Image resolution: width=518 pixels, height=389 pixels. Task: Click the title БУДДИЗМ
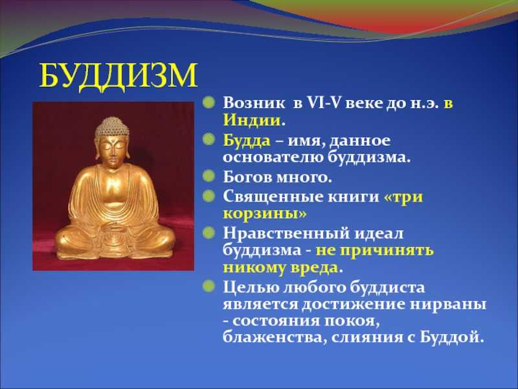118,77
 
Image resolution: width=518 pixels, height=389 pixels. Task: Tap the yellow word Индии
252,120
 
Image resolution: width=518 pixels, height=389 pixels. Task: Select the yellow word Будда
247,140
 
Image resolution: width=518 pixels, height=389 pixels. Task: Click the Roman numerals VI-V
324,103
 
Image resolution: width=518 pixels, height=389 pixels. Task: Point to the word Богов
247,177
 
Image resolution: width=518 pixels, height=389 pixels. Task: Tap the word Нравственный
286,234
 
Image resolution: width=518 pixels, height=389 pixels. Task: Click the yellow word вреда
314,268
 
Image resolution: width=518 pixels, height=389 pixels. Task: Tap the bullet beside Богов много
209,176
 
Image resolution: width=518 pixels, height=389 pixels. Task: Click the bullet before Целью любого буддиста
209,286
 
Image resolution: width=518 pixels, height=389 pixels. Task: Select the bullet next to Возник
209,102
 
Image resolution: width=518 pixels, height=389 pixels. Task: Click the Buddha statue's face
113,151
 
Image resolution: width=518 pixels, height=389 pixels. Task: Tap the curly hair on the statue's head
112,127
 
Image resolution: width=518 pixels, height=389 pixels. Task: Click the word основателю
273,157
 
